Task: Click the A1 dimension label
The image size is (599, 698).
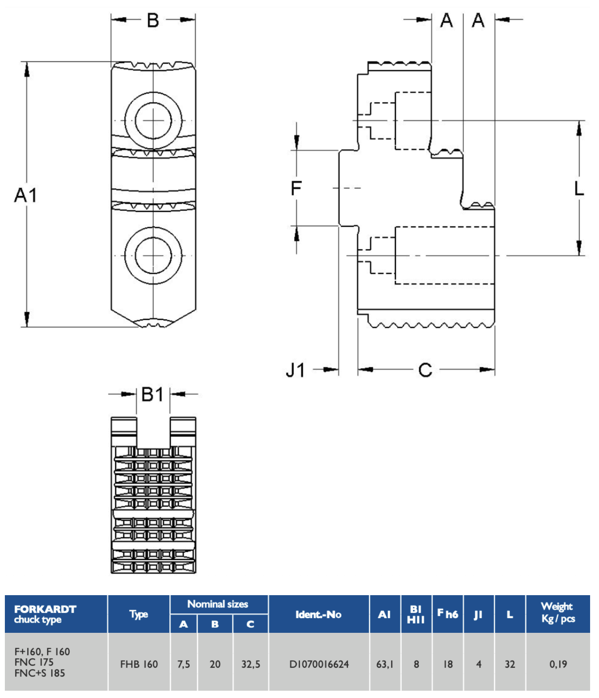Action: tap(25, 195)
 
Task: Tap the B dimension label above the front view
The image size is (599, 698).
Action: tap(153, 20)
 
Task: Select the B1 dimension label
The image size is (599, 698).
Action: tap(153, 394)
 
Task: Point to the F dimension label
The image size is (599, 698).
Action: tap(296, 188)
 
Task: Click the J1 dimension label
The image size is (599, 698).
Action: tap(295, 370)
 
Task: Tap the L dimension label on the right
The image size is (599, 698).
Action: tap(579, 188)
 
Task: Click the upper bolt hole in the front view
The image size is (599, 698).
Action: tap(153, 121)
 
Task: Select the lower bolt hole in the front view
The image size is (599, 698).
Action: tap(153, 255)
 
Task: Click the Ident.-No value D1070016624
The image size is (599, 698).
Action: tap(319, 664)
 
